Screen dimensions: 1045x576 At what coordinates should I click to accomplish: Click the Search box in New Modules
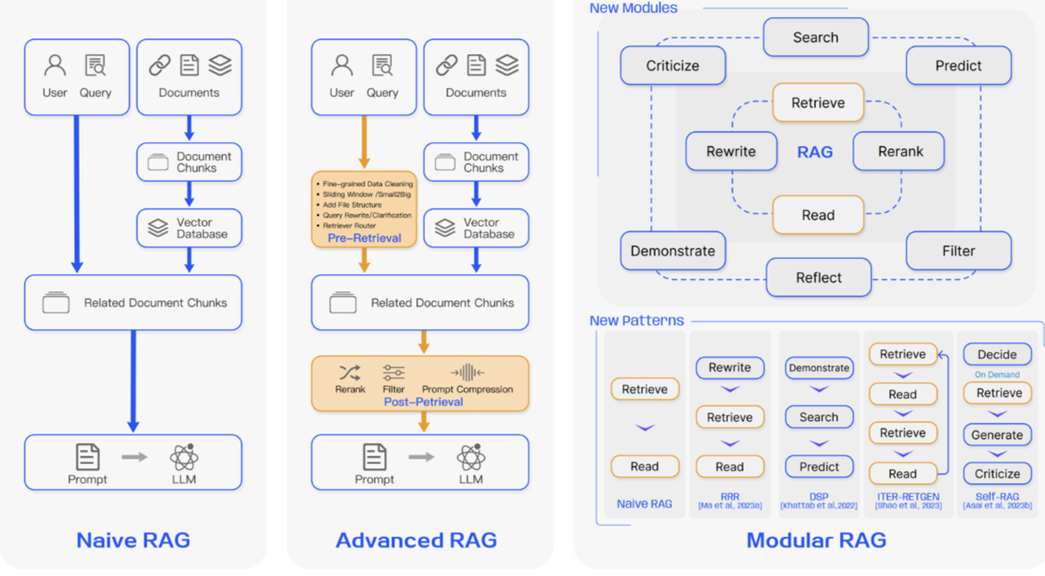tap(816, 38)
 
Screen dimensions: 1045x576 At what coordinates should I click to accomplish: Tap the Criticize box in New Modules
tap(673, 65)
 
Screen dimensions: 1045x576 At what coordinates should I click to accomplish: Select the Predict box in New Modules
tap(958, 65)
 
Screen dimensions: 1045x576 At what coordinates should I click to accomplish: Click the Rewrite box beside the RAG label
tap(731, 151)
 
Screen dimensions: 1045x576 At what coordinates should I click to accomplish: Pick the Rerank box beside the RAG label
tap(899, 151)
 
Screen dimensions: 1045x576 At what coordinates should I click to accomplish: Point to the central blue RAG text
tap(815, 152)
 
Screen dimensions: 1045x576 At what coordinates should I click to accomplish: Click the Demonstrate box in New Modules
tap(673, 250)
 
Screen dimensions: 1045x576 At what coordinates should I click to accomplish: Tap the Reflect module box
tap(819, 277)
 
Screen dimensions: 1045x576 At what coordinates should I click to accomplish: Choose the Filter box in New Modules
tap(958, 250)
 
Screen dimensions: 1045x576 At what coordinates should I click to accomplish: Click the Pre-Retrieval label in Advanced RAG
tap(364, 238)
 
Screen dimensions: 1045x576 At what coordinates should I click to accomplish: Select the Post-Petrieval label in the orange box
tap(424, 401)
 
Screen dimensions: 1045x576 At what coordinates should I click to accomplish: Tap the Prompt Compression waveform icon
tap(467, 372)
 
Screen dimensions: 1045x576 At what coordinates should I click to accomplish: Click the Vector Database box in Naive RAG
tap(189, 228)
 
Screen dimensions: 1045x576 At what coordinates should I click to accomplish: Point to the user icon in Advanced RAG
tap(342, 65)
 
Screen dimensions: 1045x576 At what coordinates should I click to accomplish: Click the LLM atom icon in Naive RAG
tap(184, 457)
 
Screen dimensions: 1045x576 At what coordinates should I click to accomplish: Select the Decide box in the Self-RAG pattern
tap(997, 355)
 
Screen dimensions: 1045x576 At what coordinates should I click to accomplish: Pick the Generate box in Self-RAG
tap(997, 435)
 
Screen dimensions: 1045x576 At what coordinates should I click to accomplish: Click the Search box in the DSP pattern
tap(819, 417)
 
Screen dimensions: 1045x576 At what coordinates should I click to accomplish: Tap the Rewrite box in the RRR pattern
tap(730, 368)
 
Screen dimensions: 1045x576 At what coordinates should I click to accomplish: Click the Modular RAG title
tap(816, 541)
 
